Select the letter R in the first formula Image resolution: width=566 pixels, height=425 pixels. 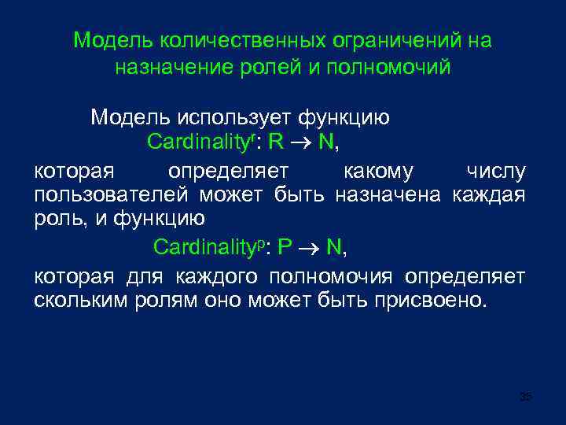tap(276, 143)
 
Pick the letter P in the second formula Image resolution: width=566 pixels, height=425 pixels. tap(285, 248)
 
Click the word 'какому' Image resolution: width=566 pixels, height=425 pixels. tap(377, 170)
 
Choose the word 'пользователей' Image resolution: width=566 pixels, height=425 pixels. tap(112, 195)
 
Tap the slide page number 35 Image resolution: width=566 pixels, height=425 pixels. tap(526, 397)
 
